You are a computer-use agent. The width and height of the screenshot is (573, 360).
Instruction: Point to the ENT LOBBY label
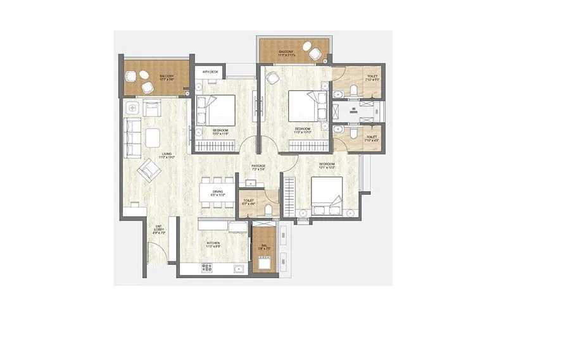click(x=158, y=229)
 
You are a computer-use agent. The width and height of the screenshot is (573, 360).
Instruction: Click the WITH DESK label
click(x=210, y=73)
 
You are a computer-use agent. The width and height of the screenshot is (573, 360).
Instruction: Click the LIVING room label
click(x=167, y=154)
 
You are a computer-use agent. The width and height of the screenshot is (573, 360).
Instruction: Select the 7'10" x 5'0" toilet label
click(x=372, y=78)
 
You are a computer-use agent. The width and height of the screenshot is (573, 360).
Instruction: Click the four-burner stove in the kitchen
click(x=207, y=268)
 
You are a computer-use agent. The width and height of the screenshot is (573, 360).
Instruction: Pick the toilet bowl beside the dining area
click(x=270, y=209)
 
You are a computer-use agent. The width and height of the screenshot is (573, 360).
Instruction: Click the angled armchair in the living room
click(x=150, y=168)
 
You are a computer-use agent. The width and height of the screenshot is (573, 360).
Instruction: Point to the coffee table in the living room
click(x=154, y=137)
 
